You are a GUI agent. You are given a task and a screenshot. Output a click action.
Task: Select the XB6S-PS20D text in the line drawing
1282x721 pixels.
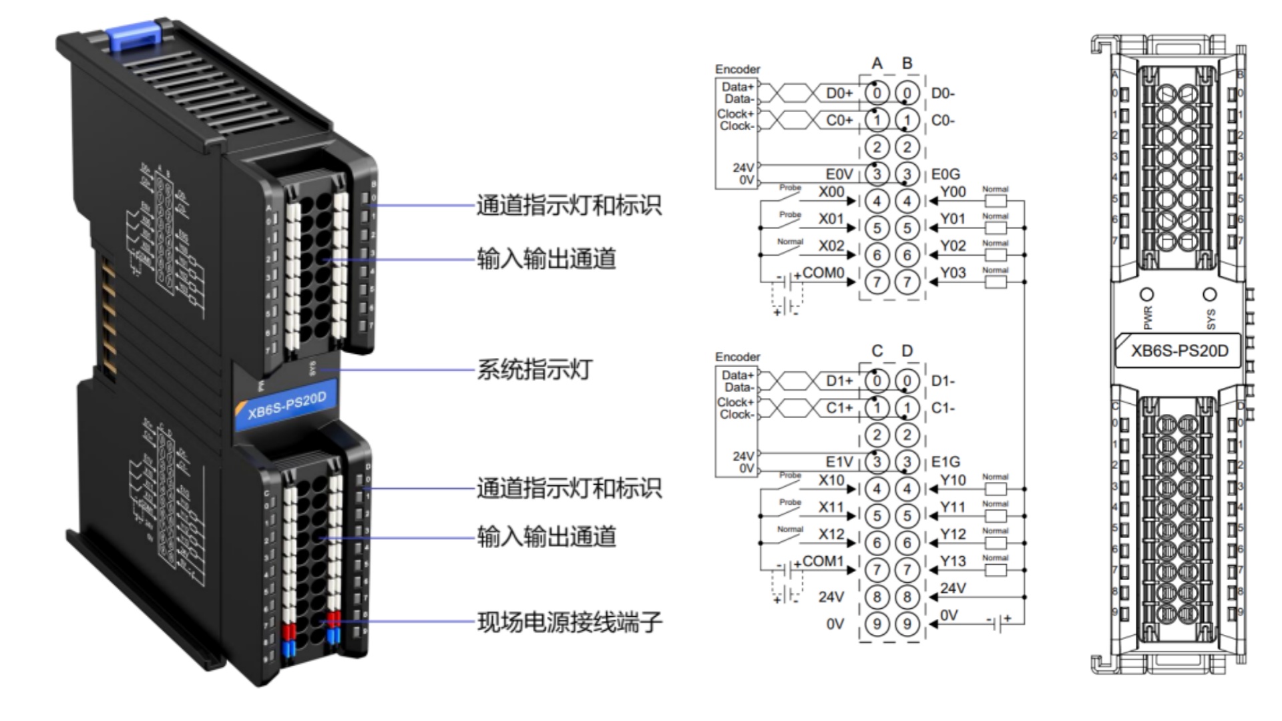(x=1179, y=351)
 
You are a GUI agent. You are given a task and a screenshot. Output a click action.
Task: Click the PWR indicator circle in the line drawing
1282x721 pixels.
(x=1147, y=294)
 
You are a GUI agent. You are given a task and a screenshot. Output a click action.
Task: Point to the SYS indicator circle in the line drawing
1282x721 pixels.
(x=1209, y=294)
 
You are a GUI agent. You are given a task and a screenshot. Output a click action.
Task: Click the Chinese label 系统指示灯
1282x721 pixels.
(x=534, y=369)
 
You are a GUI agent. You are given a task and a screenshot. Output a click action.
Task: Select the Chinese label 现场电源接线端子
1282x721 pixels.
(x=569, y=622)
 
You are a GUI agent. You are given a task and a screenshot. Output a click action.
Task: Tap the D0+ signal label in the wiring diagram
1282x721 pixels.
(x=839, y=93)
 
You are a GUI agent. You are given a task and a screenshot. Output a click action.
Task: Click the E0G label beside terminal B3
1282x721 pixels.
(x=945, y=174)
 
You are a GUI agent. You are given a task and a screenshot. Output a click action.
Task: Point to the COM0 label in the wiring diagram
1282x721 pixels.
(x=823, y=273)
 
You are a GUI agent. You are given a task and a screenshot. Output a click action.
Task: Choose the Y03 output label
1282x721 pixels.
(x=953, y=272)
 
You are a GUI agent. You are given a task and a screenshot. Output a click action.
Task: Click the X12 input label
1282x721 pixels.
(x=831, y=534)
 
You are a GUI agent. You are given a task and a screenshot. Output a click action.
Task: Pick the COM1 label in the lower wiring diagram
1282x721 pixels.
(x=823, y=561)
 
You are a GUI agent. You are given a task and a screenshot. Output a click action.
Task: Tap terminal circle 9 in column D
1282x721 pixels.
(x=907, y=624)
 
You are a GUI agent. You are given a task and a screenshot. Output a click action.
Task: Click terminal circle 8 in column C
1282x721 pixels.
(x=877, y=597)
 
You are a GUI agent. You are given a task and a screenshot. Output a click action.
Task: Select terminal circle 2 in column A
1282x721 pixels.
(x=877, y=147)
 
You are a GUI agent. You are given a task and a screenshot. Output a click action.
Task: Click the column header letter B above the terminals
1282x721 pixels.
(x=907, y=63)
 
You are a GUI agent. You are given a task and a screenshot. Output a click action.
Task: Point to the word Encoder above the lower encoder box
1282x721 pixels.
(x=737, y=357)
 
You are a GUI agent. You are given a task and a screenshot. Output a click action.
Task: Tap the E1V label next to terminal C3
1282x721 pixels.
(x=839, y=461)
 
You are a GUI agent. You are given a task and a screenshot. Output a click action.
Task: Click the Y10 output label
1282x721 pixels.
(x=953, y=480)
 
